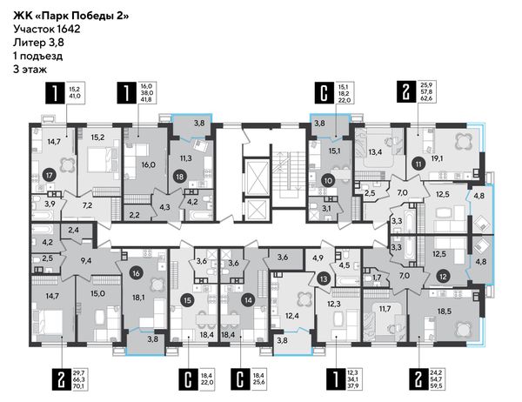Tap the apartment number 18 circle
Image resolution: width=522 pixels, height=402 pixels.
pyautogui.click(x=180, y=176)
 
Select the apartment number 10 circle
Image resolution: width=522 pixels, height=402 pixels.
pyautogui.click(x=328, y=181)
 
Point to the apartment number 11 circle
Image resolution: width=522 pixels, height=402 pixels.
pyautogui.click(x=418, y=164)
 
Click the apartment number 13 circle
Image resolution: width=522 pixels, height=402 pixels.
pyautogui.click(x=323, y=279)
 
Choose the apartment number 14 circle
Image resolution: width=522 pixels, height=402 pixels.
pyautogui.click(x=248, y=300)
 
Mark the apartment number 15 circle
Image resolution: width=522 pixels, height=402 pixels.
pyautogui.click(x=187, y=300)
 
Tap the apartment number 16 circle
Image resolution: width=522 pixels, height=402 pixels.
pyautogui.click(x=137, y=274)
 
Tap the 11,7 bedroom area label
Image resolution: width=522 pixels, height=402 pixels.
pyautogui.click(x=385, y=308)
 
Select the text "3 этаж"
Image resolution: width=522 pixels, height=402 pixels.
pyautogui.click(x=30, y=70)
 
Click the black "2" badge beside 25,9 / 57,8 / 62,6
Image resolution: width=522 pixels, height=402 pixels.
pyautogui.click(x=405, y=91)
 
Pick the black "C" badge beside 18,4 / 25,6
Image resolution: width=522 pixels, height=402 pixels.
pyautogui.click(x=240, y=379)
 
